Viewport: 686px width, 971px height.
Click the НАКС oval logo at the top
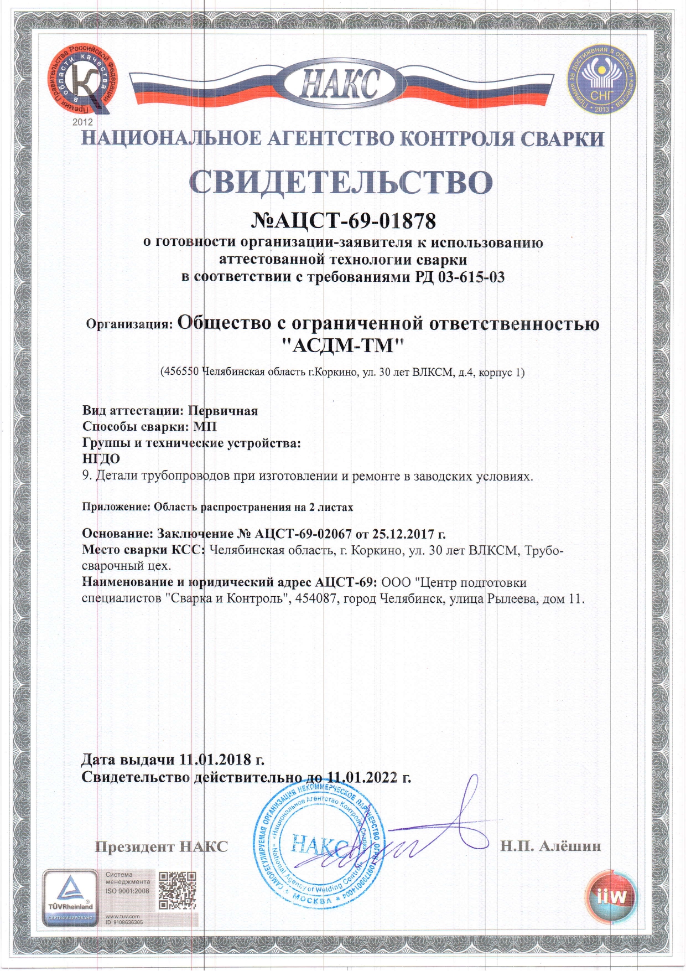pyautogui.click(x=340, y=86)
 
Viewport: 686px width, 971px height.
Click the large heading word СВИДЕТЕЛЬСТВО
pyautogui.click(x=341, y=181)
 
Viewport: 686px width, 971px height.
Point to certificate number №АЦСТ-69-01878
pyautogui.click(x=344, y=221)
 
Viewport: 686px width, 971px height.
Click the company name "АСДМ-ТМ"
pyautogui.click(x=343, y=346)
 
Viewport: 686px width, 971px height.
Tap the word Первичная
pyautogui.click(x=223, y=411)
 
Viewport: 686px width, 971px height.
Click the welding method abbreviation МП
pyautogui.click(x=205, y=427)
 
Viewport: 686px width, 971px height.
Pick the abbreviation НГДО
pyautogui.click(x=101, y=459)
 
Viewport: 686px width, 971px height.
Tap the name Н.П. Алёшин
pyautogui.click(x=550, y=846)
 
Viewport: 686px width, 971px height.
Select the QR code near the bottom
pyautogui.click(x=178, y=891)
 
